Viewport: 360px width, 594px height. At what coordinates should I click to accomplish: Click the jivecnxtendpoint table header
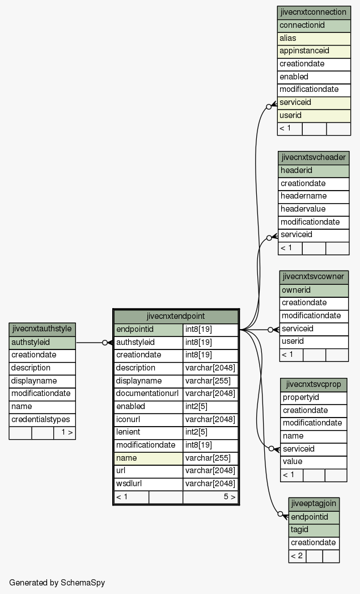point(176,317)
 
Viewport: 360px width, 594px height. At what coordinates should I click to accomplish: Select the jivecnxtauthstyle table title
point(42,329)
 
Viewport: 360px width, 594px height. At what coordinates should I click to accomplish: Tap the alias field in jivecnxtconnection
point(314,38)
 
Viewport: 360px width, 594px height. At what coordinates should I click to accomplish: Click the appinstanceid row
point(314,51)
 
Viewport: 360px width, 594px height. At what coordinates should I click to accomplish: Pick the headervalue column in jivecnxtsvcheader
point(314,209)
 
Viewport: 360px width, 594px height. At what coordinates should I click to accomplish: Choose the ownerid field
point(314,290)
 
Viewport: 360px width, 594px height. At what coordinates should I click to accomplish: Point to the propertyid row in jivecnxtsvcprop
point(314,398)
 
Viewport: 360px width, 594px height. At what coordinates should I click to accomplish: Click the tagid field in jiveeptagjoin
point(314,530)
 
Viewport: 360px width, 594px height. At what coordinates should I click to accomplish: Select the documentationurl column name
point(148,394)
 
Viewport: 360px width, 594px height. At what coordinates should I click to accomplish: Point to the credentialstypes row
point(42,420)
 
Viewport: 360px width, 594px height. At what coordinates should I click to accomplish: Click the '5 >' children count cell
point(210,497)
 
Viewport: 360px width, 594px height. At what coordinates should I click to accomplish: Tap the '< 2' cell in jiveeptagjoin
point(297,556)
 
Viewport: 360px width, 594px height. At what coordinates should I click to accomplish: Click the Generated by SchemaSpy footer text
point(57,583)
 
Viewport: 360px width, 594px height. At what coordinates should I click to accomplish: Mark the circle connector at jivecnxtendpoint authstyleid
point(105,343)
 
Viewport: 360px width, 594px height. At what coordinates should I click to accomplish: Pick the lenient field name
point(128,432)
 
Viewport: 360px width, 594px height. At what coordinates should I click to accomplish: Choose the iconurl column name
point(128,419)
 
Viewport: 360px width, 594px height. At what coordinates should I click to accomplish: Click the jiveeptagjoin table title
point(314,504)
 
